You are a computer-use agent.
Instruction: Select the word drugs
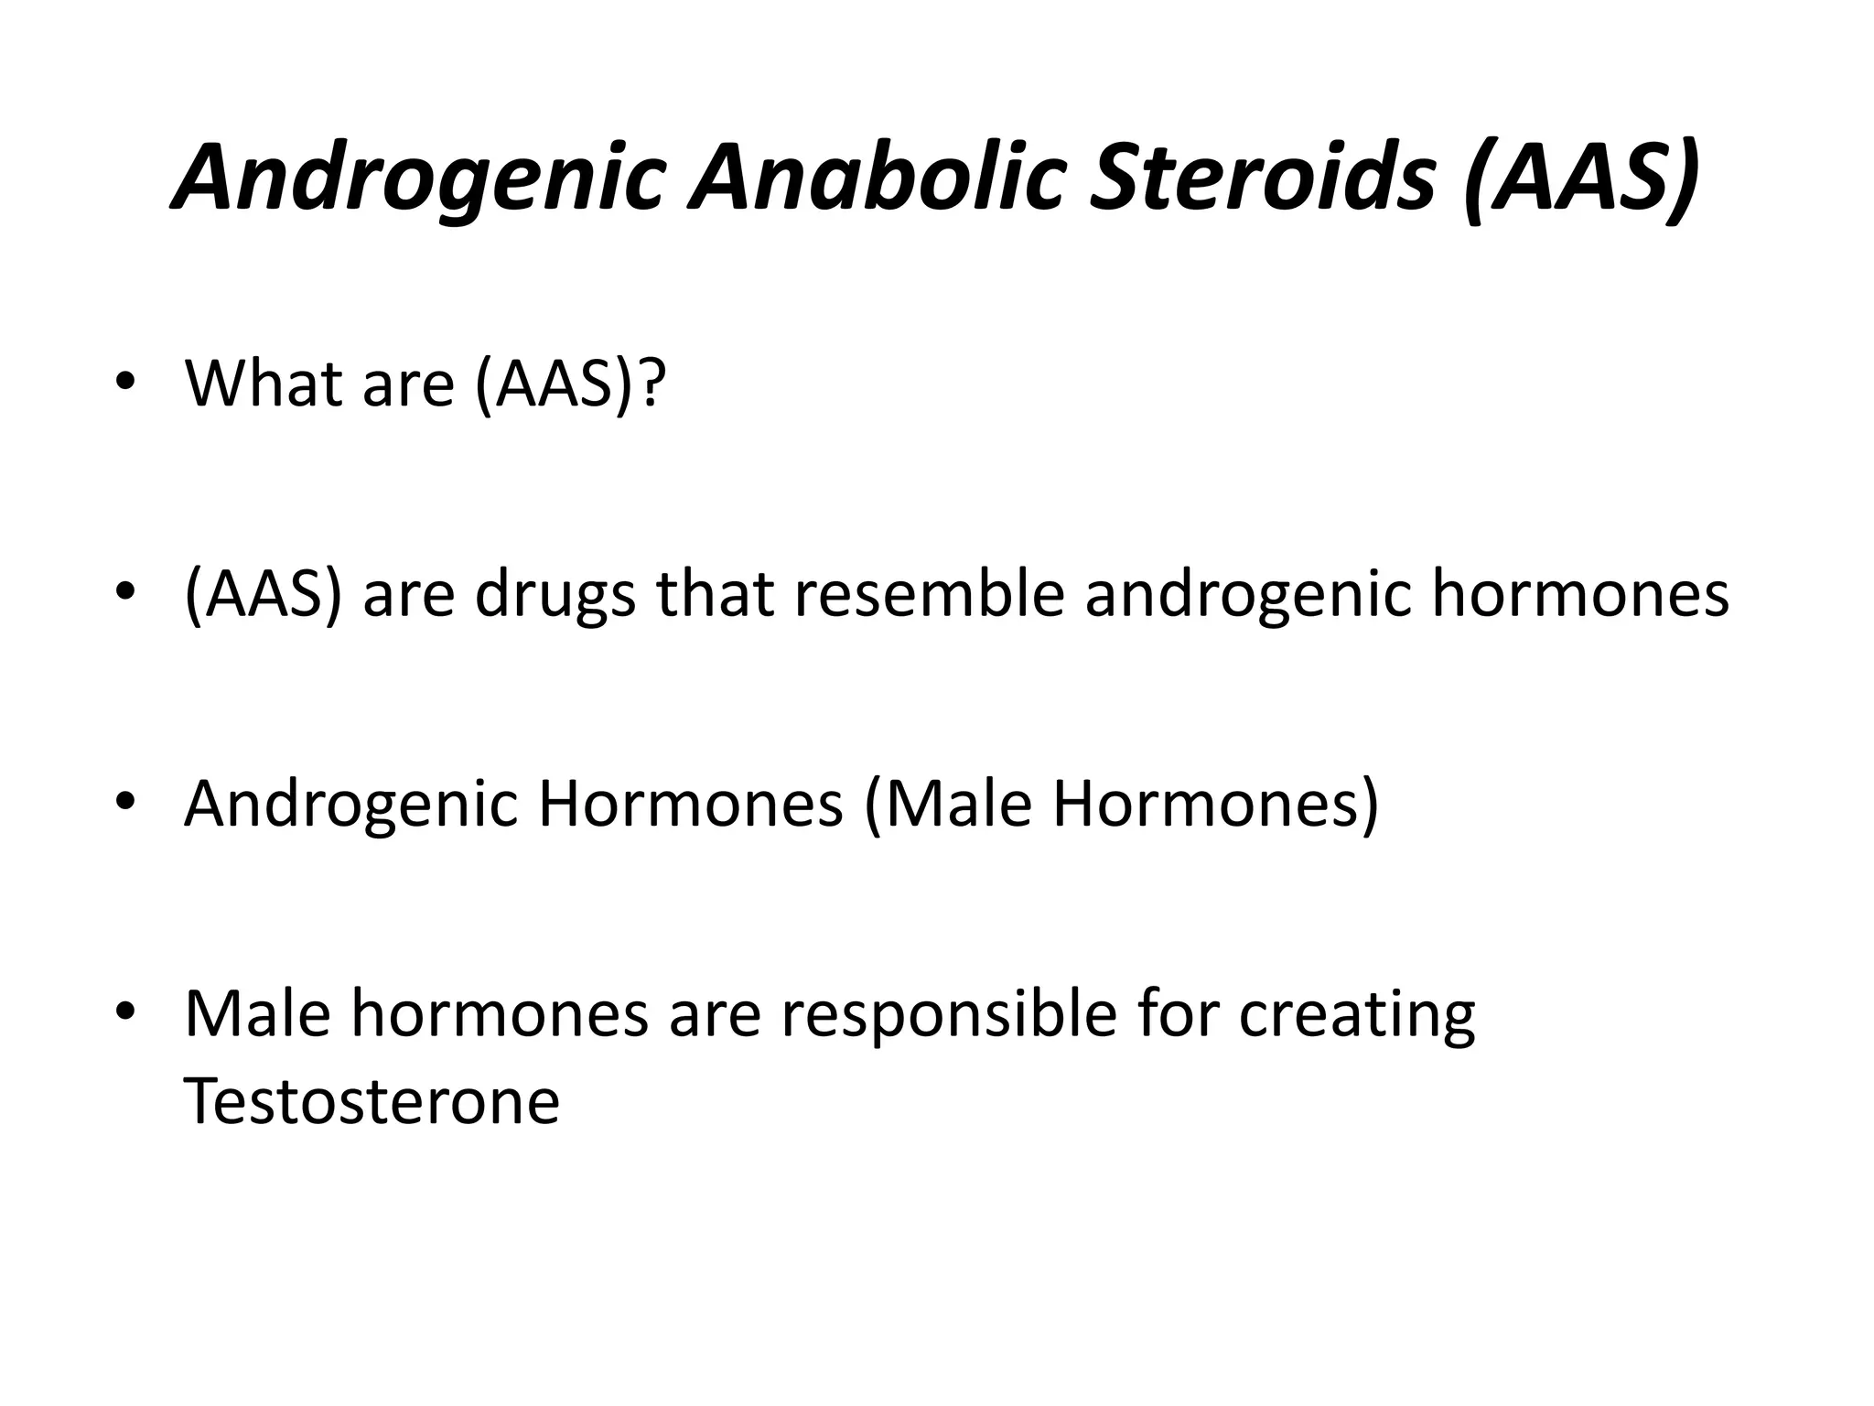(555, 595)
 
